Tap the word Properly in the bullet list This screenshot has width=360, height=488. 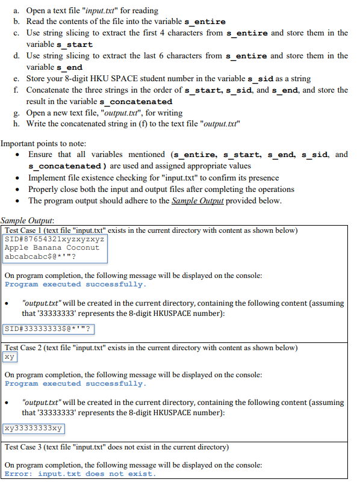tap(46, 189)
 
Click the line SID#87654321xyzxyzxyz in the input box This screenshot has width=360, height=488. tap(54, 239)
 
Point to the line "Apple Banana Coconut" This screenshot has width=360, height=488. tap(52, 247)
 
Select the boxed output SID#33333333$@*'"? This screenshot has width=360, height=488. tap(48, 329)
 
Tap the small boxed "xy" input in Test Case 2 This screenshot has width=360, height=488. tap(9, 357)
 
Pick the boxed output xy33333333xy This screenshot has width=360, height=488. tap(33, 428)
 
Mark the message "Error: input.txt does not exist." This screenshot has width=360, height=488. tap(79, 474)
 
